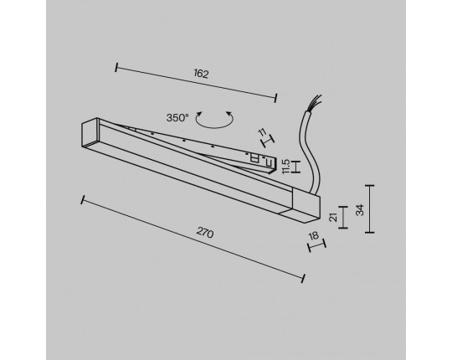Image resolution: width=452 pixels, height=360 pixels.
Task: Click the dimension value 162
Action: [201, 74]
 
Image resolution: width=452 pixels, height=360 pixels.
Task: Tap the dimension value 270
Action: [205, 232]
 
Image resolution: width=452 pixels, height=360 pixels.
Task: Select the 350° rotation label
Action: [177, 117]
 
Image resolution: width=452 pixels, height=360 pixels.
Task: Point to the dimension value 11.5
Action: [286, 167]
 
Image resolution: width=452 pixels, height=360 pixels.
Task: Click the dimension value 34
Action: [360, 209]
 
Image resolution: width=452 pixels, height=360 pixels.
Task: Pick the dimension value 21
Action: [333, 217]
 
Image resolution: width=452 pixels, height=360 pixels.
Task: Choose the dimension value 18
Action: [313, 236]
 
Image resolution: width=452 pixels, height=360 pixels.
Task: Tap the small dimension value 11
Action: [262, 132]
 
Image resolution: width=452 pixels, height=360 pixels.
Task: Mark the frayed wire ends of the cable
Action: [316, 100]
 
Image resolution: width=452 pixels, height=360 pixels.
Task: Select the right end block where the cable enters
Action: [306, 205]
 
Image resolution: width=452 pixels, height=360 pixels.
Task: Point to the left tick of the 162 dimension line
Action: [116, 68]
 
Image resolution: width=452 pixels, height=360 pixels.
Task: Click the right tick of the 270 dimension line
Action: [303, 278]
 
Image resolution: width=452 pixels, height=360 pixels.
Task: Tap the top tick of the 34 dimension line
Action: [369, 186]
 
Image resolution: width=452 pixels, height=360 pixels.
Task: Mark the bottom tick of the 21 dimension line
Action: [343, 228]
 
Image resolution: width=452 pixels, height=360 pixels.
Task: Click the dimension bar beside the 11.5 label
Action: [295, 167]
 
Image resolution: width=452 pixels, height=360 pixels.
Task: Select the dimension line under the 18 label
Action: [317, 245]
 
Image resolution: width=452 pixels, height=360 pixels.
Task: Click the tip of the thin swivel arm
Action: [272, 168]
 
